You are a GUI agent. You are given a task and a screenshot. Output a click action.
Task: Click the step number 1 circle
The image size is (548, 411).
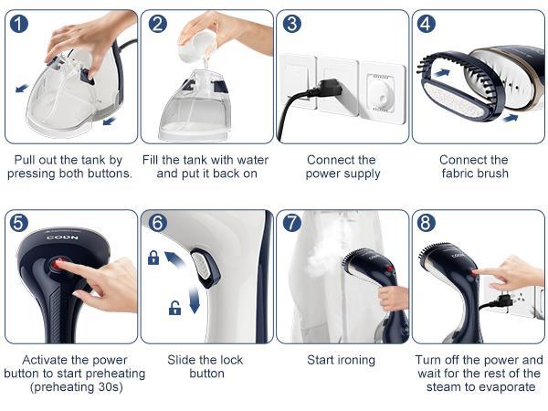pyautogui.click(x=19, y=24)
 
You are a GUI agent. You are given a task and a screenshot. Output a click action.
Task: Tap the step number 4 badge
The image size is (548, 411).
pyautogui.click(x=426, y=24)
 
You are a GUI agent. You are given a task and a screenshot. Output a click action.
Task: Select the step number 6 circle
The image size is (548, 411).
pyautogui.click(x=158, y=223)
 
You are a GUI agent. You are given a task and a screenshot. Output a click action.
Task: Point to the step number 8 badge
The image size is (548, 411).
pyautogui.click(x=426, y=223)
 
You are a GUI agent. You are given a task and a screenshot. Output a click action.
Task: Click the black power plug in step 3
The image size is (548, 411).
pyautogui.click(x=327, y=89)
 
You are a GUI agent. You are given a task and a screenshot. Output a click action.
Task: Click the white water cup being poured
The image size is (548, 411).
pyautogui.click(x=195, y=47)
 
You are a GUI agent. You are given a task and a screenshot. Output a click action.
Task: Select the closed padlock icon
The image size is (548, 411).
pyautogui.click(x=153, y=258)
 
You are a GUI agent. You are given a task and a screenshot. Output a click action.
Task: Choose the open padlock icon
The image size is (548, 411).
pyautogui.click(x=174, y=308)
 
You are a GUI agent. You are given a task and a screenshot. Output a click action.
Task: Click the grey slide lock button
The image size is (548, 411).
pyautogui.click(x=203, y=267)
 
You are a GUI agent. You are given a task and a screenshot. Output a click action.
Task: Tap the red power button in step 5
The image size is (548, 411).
pyautogui.click(x=58, y=264)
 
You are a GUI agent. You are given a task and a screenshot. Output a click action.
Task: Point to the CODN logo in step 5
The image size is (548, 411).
pyautogui.click(x=62, y=237)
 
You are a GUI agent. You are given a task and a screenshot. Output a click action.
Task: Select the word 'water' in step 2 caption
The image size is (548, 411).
pyautogui.click(x=253, y=160)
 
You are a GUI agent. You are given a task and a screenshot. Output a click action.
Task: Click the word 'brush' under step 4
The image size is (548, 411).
pyautogui.click(x=492, y=174)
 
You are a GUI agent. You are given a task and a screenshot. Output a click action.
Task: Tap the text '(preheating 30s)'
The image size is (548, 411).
pyautogui.click(x=77, y=387)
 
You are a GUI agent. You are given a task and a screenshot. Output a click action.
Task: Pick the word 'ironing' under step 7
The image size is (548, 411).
pyautogui.click(x=356, y=361)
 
